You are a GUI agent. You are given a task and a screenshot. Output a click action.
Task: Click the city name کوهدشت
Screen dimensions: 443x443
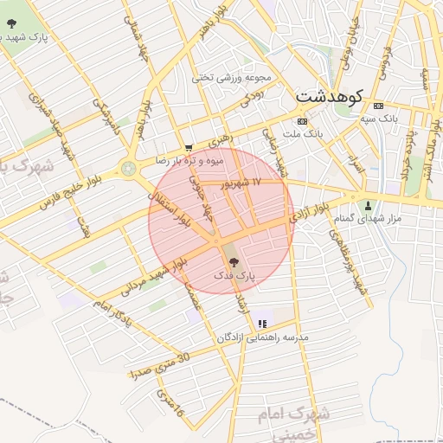point(329,96)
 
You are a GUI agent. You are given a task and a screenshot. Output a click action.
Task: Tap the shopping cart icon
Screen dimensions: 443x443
point(189,148)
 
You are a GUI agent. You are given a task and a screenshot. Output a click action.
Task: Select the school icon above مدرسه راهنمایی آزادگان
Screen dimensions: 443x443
point(261,324)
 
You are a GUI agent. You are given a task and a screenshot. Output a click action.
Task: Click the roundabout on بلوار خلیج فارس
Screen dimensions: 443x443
point(129,168)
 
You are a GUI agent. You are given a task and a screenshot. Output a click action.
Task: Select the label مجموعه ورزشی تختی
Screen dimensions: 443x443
point(233,77)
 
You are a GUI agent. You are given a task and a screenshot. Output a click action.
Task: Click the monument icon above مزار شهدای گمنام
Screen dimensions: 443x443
point(369,206)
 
